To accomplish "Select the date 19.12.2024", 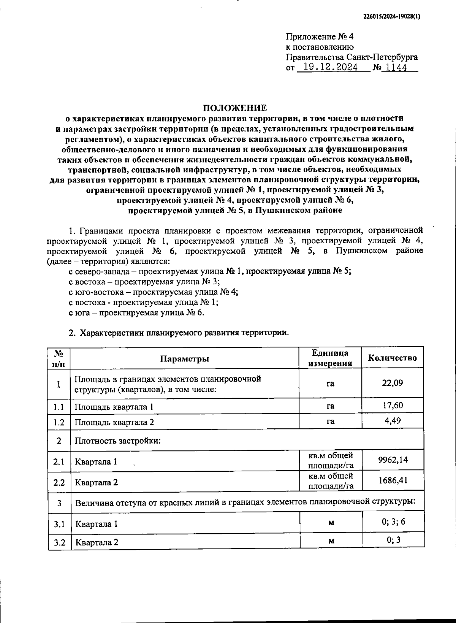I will point(327,68).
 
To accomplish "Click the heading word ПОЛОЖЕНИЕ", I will point(234,108).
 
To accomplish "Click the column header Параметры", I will point(184,359).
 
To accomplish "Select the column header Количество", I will point(392,358).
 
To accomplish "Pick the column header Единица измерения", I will point(330,358).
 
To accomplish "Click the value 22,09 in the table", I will point(392,383).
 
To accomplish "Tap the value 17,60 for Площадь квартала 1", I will point(393,406).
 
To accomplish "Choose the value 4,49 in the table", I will point(393,421).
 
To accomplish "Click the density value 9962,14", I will point(393,460).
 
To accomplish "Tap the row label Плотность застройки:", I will point(118,441).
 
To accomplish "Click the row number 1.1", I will point(59,407).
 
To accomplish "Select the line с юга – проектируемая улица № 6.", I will point(136,313).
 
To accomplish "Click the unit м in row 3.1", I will point(331,523).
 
